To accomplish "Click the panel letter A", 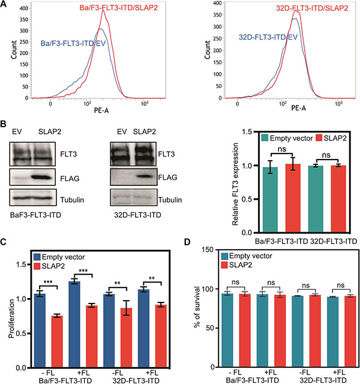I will tap(5, 5).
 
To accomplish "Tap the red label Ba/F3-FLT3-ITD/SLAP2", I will tap(117, 7).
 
